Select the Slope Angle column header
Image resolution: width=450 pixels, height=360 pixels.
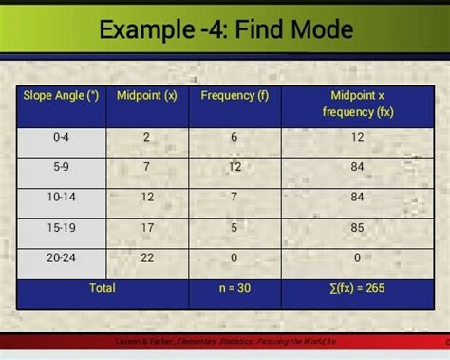pos(62,95)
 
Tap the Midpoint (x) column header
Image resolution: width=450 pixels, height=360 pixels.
pos(146,95)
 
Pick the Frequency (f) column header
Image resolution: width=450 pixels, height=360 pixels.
pos(234,95)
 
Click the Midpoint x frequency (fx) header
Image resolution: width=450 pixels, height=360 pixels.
pos(357,104)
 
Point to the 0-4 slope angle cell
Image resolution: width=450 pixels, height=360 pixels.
pos(62,138)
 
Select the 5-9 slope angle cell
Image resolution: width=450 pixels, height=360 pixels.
pos(62,167)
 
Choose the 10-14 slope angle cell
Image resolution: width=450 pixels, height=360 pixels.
pos(62,198)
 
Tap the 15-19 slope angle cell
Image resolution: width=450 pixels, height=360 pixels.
pos(62,228)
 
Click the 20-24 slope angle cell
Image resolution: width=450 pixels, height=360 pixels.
pos(62,258)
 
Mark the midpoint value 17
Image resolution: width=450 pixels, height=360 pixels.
pos(147,228)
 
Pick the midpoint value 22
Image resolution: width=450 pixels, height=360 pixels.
pos(147,258)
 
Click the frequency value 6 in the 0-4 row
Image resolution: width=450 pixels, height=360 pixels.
pos(234,138)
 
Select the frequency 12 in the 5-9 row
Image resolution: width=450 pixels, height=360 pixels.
pos(234,167)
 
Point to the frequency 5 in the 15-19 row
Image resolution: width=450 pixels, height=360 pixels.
pos(234,228)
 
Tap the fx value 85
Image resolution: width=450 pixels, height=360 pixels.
pos(358,228)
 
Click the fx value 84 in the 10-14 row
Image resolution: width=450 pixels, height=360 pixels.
pos(358,198)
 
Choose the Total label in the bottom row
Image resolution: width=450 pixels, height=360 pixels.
pos(102,287)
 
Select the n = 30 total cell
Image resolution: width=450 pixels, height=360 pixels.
pos(234,287)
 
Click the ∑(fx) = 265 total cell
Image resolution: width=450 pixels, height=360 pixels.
pos(357,287)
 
